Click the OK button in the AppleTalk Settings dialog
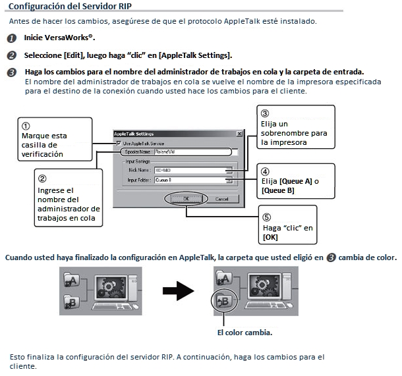187,198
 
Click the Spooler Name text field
190,151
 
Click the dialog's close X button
233,134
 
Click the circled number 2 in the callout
42,178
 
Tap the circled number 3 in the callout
265,113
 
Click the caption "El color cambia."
244,333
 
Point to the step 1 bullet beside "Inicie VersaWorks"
12,38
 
